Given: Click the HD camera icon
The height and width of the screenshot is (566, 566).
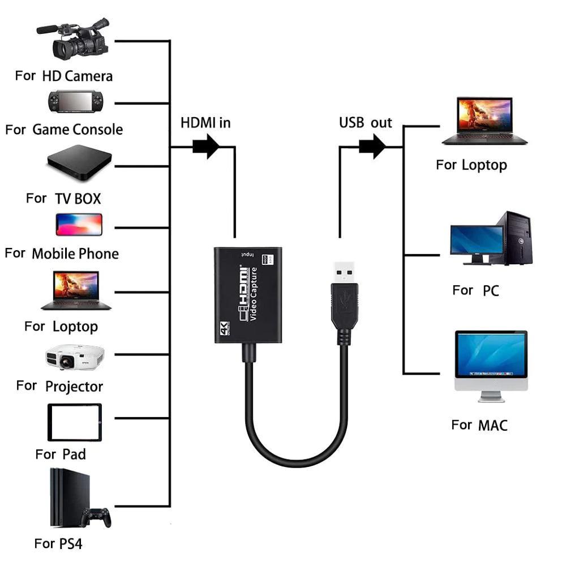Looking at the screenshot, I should point(76,41).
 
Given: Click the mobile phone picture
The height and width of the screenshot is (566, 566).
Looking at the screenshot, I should point(79,224).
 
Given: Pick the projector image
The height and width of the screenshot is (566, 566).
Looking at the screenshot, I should point(75,357).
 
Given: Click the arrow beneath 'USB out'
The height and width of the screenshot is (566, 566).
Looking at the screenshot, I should point(372,147).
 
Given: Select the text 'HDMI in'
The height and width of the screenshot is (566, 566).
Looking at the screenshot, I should point(205,123).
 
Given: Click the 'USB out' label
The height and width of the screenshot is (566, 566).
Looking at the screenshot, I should point(365,123).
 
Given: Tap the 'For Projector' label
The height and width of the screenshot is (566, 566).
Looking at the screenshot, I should point(59,387).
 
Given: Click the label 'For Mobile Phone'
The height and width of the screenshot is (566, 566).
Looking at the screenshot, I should point(62,254).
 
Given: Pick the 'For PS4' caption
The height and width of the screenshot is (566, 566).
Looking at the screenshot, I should point(58,544).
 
